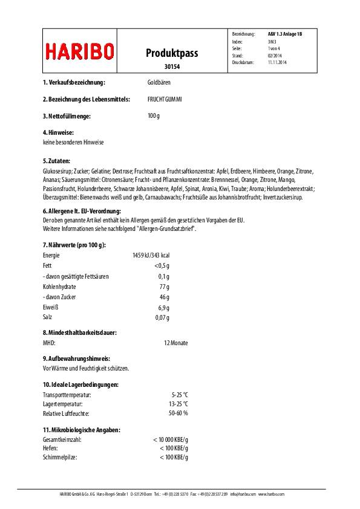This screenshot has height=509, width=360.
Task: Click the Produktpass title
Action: [x=172, y=53]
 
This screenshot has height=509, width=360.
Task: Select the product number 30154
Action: [x=172, y=67]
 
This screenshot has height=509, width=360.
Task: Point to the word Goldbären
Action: [x=159, y=82]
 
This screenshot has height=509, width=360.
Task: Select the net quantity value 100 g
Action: [x=154, y=115]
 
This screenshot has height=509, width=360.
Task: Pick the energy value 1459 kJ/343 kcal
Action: [x=151, y=256]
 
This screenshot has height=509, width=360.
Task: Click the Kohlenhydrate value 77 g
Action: [x=164, y=287]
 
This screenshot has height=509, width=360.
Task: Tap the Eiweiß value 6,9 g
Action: [x=162, y=308]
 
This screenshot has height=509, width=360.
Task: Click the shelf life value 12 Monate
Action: [x=175, y=343]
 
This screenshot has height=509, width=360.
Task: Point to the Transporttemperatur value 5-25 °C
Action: [x=180, y=394]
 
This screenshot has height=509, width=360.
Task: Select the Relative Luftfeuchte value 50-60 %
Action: [x=178, y=413]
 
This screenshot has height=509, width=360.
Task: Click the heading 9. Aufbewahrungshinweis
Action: [x=76, y=358]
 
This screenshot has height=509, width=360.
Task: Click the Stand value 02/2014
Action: [x=274, y=55]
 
